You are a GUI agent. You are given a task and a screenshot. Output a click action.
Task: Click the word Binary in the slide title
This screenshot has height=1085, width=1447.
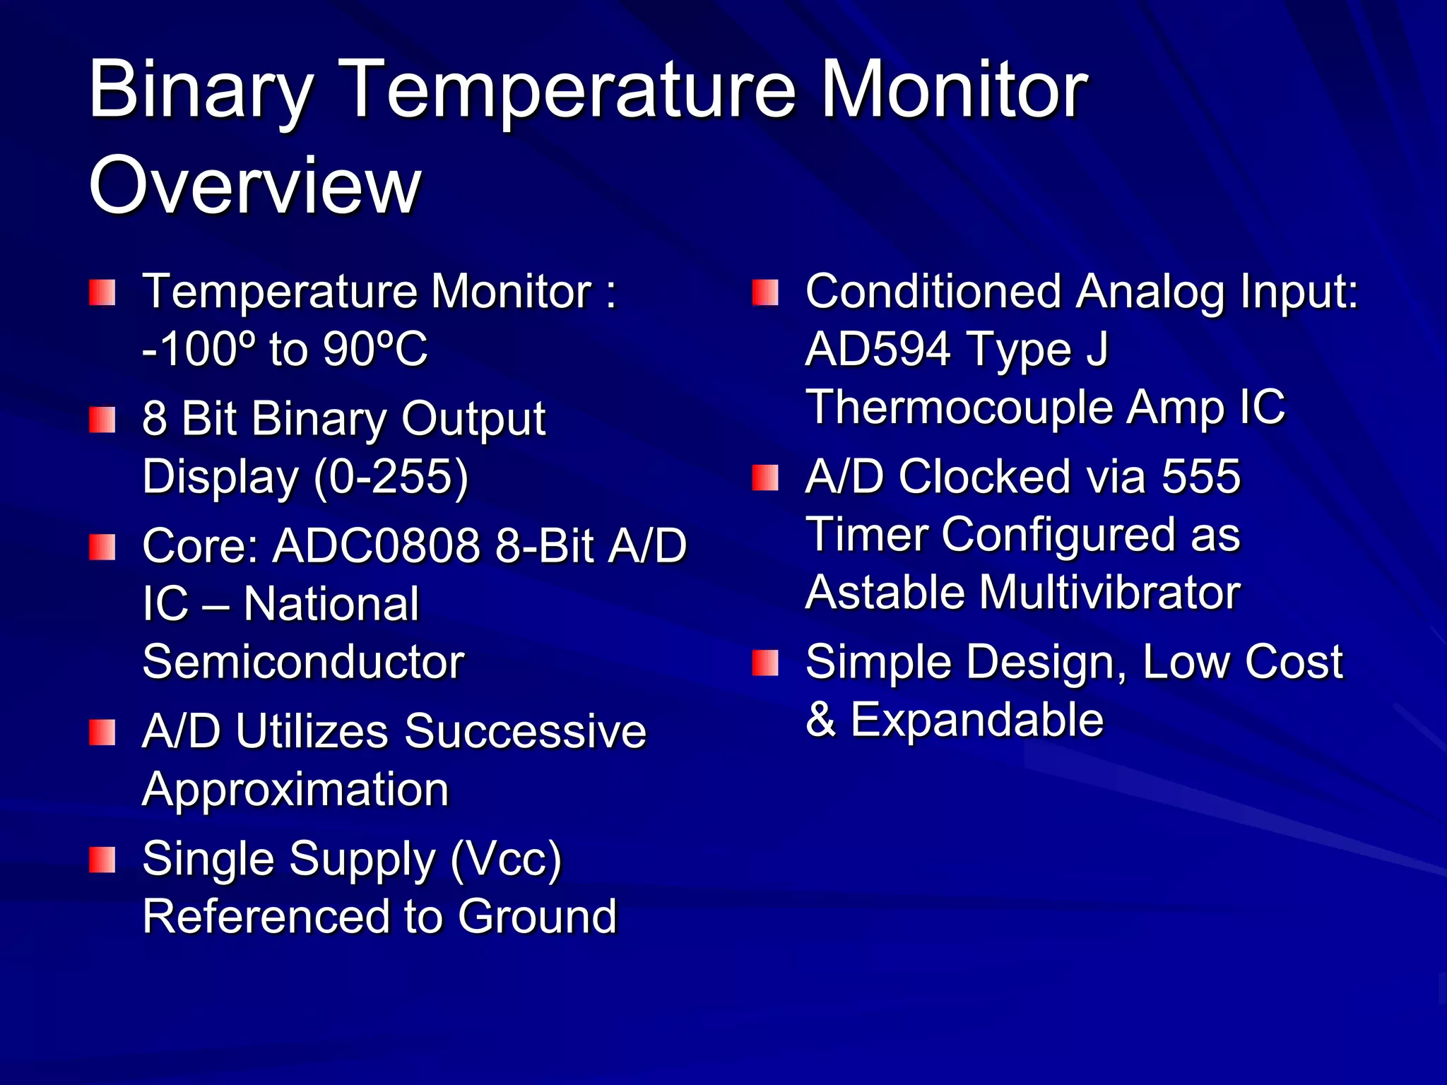click(201, 90)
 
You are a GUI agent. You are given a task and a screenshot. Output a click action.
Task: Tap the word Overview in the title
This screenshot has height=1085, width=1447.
click(254, 185)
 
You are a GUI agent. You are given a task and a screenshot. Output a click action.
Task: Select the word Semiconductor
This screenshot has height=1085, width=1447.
click(303, 662)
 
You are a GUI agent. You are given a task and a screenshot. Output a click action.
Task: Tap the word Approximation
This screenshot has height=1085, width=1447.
click(295, 789)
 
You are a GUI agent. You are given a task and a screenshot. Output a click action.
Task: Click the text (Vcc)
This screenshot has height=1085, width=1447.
click(506, 860)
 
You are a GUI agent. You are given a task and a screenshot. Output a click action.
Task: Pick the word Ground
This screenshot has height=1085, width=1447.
click(537, 916)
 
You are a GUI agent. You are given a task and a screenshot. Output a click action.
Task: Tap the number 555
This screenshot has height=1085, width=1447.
click(1201, 476)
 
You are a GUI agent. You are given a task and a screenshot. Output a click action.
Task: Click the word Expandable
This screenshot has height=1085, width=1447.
click(976, 720)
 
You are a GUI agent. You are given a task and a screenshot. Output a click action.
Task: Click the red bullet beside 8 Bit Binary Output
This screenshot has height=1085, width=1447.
click(102, 420)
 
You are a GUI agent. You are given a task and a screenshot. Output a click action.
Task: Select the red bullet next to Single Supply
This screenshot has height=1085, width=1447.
click(102, 860)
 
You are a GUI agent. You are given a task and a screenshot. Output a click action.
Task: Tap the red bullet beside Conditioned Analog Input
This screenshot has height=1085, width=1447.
click(765, 292)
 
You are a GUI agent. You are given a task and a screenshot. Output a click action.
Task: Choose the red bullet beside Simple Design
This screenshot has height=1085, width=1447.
click(765, 663)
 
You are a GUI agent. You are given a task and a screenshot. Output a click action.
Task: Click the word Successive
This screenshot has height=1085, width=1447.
click(525, 731)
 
